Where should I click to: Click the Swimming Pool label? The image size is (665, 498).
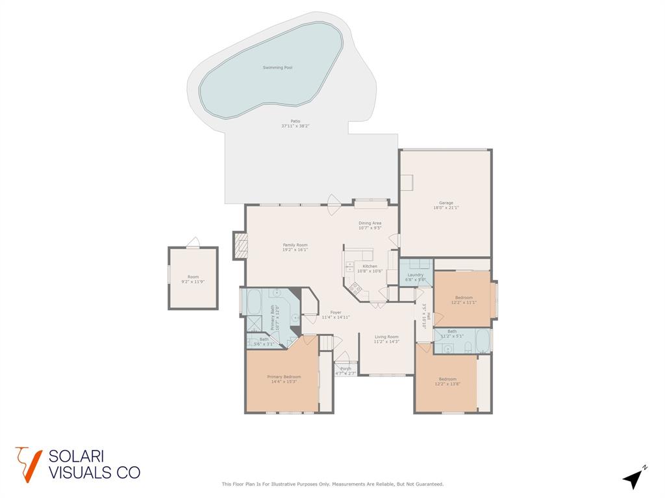tap(277, 67)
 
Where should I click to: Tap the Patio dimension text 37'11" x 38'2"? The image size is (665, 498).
tap(295, 126)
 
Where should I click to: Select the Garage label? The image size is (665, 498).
tap(445, 203)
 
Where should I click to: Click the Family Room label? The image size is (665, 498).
tap(295, 245)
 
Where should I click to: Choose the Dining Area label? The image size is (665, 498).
tap(370, 223)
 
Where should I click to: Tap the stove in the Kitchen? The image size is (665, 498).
tap(355, 287)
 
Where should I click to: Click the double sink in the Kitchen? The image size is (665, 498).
tap(350, 265)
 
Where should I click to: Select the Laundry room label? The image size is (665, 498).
tap(416, 275)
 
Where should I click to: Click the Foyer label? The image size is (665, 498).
tap(336, 313)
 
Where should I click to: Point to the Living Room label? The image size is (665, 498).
tap(386, 337)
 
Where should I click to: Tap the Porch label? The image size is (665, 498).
tap(345, 369)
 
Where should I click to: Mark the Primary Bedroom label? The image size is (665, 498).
tap(284, 377)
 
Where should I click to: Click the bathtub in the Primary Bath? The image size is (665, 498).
tap(252, 301)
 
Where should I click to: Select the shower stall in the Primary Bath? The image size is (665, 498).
tap(252, 324)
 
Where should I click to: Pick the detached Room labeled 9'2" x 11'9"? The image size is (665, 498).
tap(193, 278)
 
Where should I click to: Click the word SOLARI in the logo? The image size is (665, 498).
tap(77, 456)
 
